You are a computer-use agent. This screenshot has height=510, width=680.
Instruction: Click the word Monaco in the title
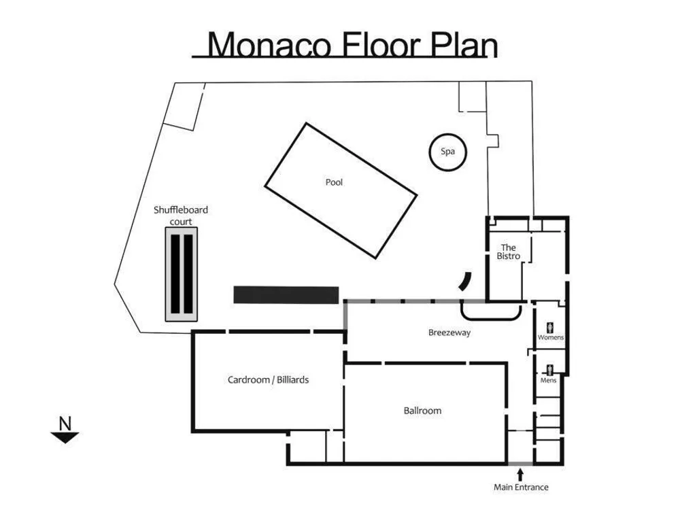[269, 44]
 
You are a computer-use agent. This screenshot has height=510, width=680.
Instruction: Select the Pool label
[334, 182]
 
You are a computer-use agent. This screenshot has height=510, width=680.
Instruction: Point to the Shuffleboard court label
[181, 216]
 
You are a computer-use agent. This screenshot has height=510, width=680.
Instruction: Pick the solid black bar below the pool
[286, 295]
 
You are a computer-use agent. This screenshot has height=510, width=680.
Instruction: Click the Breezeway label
[449, 333]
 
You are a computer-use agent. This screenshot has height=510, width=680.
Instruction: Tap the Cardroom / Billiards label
[268, 380]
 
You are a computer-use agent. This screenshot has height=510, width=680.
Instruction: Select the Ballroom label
[422, 411]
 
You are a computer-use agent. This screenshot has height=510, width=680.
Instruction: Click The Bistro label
[508, 252]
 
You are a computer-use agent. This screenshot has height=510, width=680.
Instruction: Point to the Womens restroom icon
[550, 328]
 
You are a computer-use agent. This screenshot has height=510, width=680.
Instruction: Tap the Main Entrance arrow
[520, 475]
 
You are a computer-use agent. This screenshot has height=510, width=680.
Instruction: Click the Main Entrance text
[521, 487]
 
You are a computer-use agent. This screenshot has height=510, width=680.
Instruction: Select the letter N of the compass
[65, 423]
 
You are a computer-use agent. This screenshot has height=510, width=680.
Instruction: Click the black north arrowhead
[65, 437]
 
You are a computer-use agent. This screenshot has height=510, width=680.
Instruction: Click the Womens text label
[551, 337]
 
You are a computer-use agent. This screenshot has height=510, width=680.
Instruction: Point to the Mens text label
[548, 380]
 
